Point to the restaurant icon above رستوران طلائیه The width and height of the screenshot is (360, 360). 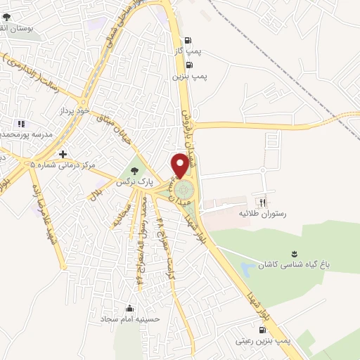264,201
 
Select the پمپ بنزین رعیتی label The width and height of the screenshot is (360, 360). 264,340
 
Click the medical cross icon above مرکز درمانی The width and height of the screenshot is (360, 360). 63,154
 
